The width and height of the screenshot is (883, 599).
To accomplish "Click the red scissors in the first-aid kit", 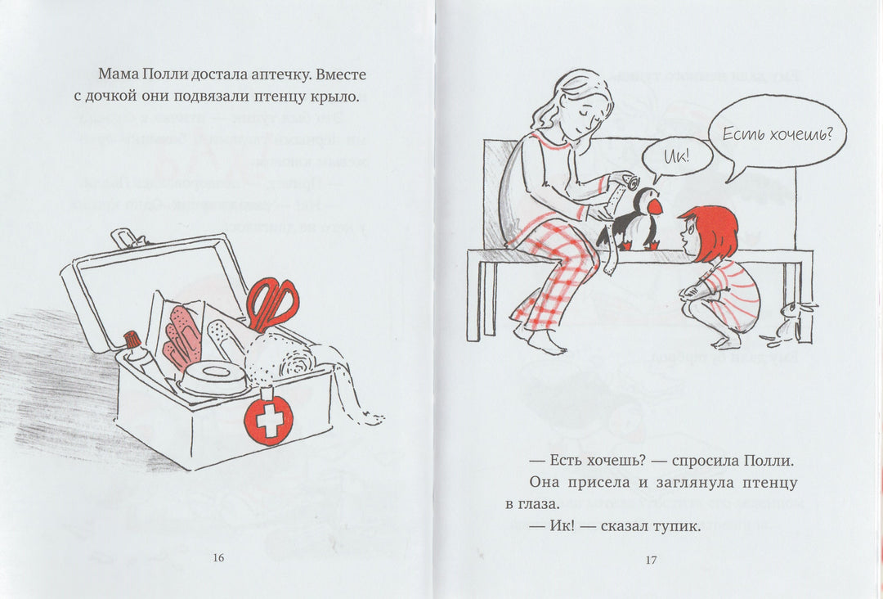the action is [x=271, y=304].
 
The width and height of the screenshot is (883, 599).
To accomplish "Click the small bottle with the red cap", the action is [x=137, y=352].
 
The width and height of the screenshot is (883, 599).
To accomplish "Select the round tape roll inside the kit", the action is [x=213, y=375].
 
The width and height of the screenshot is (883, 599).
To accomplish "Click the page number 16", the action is [x=218, y=558].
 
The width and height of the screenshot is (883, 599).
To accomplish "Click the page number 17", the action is [x=651, y=560].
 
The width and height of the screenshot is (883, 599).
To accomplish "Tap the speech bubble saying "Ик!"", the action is [x=678, y=155].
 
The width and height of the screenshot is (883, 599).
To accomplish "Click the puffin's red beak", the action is [x=655, y=207].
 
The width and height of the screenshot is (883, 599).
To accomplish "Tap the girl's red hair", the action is [x=710, y=231].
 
